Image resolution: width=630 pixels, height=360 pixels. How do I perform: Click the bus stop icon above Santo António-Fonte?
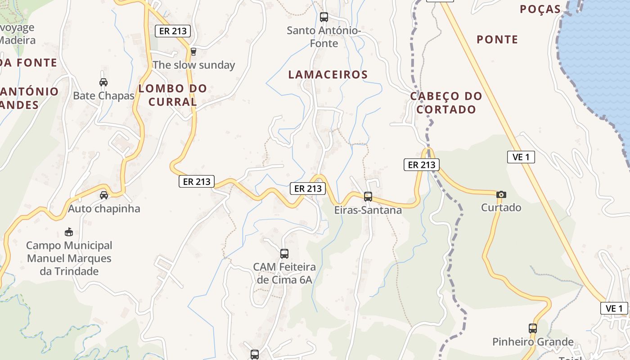tap(324, 17)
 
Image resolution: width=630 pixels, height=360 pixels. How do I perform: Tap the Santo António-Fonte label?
tap(324, 37)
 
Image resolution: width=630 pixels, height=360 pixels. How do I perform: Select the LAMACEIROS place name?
tap(328, 75)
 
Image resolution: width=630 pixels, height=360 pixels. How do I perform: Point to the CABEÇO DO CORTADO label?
tap(446, 103)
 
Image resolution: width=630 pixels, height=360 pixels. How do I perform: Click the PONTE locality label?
tap(497, 40)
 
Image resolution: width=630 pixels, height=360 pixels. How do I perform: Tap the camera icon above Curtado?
tap(501, 194)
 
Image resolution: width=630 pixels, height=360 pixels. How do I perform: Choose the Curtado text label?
tap(501, 207)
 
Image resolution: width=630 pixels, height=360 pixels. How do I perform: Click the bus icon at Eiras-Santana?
tap(368, 196)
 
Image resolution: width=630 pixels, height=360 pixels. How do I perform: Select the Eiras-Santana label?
tap(368, 210)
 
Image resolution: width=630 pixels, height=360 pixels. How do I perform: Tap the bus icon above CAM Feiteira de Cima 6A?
tap(284, 253)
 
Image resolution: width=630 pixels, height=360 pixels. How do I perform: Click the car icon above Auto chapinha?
tap(104, 195)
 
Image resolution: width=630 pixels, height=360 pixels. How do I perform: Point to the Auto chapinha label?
tap(104, 209)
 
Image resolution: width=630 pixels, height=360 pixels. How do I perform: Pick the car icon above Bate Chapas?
tap(103, 82)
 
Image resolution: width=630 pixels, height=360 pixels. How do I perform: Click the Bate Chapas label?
tap(103, 96)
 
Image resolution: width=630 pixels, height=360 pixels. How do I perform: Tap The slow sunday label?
tap(193, 65)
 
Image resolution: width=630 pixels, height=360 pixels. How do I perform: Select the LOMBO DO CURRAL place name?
tap(173, 95)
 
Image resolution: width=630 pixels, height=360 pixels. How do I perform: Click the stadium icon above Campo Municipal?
tap(68, 232)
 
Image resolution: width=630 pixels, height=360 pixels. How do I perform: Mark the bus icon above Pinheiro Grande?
tap(533, 328)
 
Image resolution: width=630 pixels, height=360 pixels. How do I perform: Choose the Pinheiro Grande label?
tap(533, 342)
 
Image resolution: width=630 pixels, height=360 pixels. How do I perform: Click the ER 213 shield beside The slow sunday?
tap(173, 31)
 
